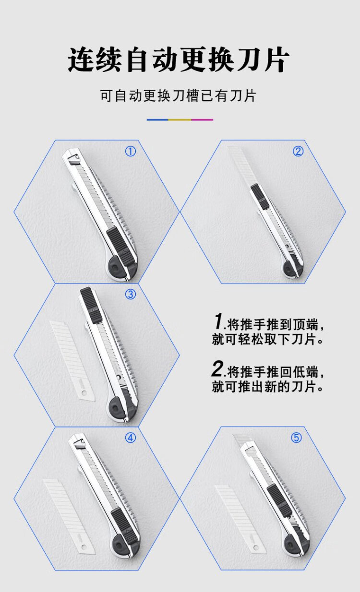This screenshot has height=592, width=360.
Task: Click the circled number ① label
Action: tap(131, 152)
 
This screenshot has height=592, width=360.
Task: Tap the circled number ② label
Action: tap(298, 152)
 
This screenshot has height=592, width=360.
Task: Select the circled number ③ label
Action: tap(131, 294)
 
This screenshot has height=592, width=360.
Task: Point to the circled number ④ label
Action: tap(131, 438)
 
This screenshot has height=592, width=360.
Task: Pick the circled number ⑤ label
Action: tap(296, 438)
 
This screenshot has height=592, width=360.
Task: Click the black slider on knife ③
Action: tap(91, 305)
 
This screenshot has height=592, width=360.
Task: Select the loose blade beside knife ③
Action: tap(72, 361)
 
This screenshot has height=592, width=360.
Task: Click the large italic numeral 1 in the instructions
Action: tap(218, 321)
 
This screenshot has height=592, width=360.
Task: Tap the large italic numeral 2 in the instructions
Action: tap(218, 368)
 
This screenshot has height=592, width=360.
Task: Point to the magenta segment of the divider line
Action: tap(202, 120)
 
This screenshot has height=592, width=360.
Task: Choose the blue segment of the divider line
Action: tap(157, 120)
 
